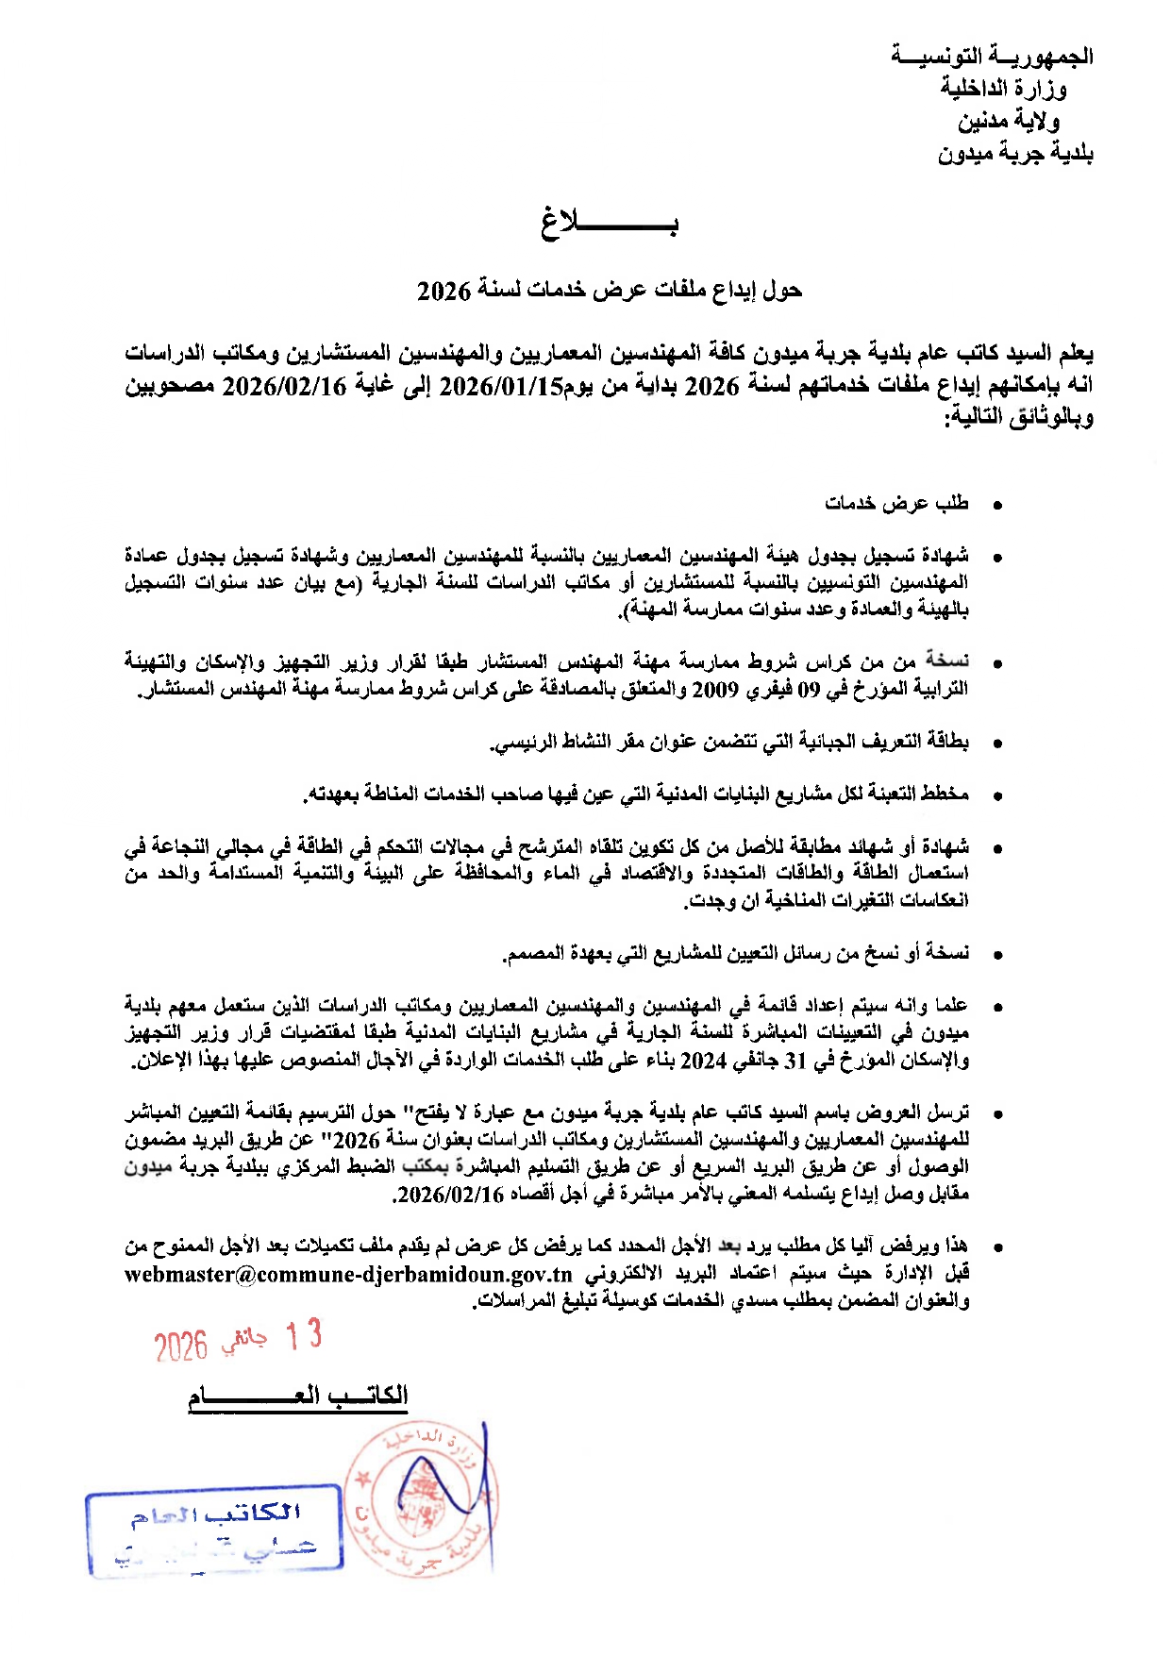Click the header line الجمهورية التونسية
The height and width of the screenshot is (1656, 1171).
coord(992,56)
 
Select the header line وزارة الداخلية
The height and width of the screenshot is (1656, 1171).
coord(1002,88)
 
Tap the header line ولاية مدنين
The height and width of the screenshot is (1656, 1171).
coord(1009,121)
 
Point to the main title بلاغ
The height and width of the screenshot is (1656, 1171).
coord(610,224)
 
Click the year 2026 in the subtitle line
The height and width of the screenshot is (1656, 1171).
coord(443,291)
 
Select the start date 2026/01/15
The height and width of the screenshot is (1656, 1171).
coord(501,386)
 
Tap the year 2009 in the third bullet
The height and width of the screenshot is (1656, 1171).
coord(714,690)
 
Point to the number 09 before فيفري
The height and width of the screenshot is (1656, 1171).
coord(810,690)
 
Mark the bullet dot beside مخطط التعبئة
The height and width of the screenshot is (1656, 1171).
coord(996,796)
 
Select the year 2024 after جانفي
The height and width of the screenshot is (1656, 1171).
coord(703,1061)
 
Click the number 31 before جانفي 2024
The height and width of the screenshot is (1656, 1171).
coord(796,1061)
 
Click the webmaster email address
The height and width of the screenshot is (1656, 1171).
coord(348,1274)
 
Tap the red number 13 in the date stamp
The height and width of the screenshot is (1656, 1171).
coord(304,1335)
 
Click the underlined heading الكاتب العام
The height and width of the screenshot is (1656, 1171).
coord(297,1396)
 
